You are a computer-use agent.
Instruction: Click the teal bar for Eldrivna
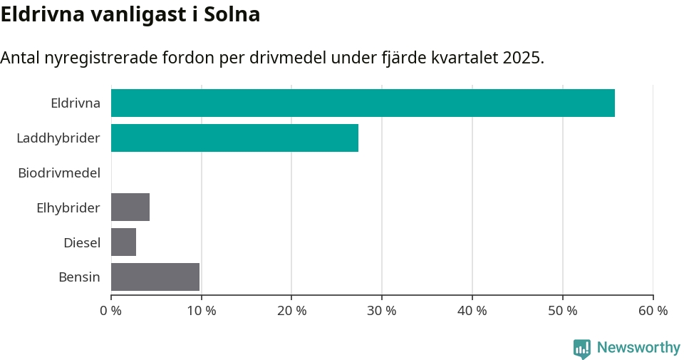pos(363,103)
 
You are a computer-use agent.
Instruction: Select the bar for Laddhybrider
pos(234,138)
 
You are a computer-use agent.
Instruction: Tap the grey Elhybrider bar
pos(130,207)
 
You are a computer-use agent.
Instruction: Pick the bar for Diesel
pos(123,242)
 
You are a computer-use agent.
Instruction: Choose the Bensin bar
pos(155,277)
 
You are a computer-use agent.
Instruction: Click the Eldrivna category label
pos(76,103)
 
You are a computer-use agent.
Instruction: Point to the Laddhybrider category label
pos(58,138)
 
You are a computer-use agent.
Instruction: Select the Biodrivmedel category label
pos(59,173)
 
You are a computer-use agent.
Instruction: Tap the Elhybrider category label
pos(68,207)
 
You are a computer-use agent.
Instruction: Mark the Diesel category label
pos(82,242)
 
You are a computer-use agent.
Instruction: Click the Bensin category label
pos(79,277)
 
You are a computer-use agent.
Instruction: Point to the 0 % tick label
pos(111,311)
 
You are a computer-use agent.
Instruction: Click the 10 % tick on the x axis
pos(202,311)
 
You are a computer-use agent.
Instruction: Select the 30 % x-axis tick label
pos(382,311)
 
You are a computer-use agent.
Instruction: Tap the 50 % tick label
pos(563,311)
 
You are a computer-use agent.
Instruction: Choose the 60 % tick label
pos(653,311)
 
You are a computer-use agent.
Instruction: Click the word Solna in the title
pos(232,14)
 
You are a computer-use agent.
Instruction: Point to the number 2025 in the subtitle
pos(521,58)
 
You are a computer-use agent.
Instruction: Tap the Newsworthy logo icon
pos(582,349)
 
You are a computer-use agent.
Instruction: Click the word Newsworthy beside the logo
pos(638,348)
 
